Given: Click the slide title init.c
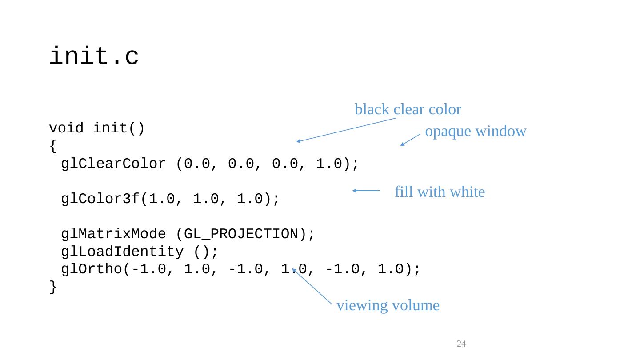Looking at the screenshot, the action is click(94, 57).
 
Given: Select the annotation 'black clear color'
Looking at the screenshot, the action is click(408, 109).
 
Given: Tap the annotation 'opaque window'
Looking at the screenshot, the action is click(476, 132).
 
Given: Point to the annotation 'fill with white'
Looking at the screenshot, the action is click(439, 192).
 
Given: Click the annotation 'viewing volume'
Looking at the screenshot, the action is click(388, 306).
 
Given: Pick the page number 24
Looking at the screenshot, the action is click(461, 344).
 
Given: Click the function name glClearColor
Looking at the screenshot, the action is click(113, 164).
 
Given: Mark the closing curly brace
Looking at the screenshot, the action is click(53, 287).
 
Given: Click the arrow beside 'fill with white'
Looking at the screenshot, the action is click(366, 191).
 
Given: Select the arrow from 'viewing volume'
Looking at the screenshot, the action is click(312, 287).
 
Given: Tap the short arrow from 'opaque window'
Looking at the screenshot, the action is click(410, 140).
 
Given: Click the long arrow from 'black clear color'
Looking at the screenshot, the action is click(346, 130).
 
